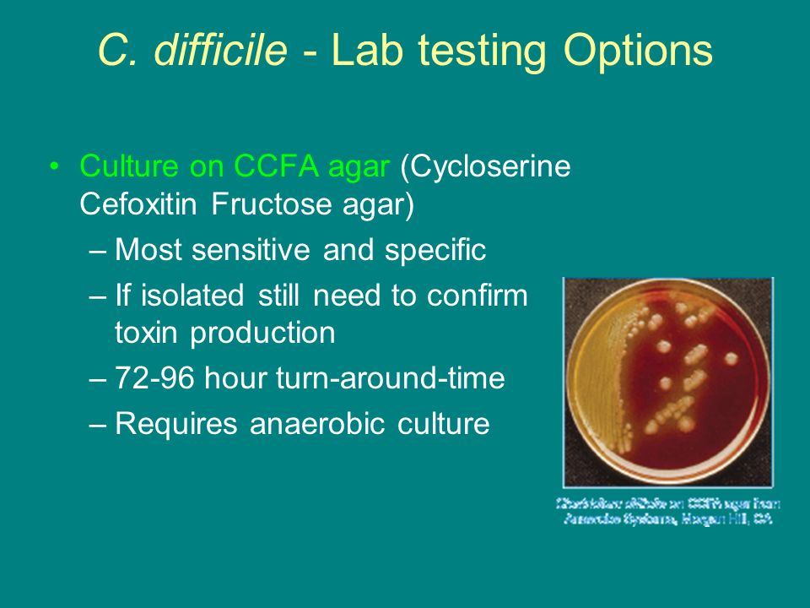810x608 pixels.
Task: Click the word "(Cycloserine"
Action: point(486,166)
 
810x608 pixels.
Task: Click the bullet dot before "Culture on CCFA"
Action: point(55,167)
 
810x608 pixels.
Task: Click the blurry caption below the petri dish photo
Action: point(667,512)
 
